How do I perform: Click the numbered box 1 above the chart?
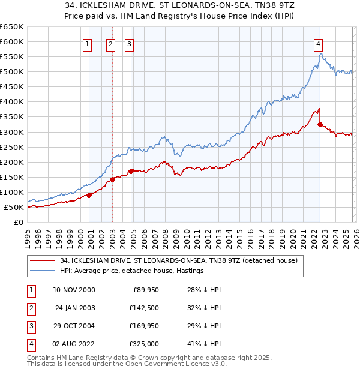(88, 43)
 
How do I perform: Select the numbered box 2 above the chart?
(111, 43)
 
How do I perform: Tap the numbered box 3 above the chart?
(130, 43)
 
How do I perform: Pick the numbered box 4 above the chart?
(318, 43)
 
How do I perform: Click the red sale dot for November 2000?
(89, 194)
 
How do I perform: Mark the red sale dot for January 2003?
(112, 179)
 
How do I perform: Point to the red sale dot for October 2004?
(131, 171)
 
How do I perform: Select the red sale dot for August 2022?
(320, 124)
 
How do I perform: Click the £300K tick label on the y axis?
(12, 132)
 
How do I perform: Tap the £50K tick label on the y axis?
(14, 207)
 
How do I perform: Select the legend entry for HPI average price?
(132, 271)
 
